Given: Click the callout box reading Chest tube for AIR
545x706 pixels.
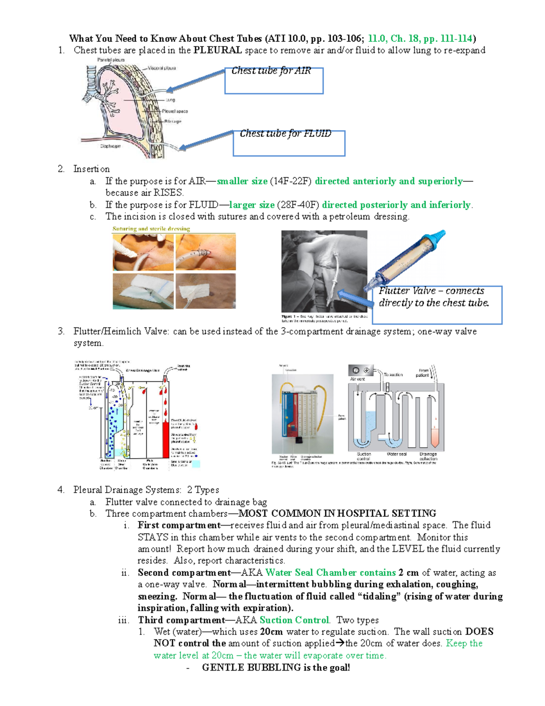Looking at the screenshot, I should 274,80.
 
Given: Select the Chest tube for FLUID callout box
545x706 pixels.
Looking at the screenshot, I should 289,143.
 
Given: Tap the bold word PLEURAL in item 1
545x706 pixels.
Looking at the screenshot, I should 217,50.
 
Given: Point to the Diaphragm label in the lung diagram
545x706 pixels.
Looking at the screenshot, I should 110,146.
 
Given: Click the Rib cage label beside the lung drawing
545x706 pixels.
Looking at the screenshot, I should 173,121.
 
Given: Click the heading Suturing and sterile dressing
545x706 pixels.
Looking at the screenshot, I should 151,229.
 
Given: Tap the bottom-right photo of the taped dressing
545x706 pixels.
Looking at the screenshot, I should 206,291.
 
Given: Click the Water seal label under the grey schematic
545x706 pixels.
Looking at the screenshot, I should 396,454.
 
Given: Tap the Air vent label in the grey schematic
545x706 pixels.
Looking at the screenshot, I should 357,379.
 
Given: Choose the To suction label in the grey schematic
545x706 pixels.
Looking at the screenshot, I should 393,375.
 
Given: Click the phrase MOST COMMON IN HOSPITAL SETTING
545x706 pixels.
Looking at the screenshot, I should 337,514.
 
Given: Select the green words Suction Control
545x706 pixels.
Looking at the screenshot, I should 294,620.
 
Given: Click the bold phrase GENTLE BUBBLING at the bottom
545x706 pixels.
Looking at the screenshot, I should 252,667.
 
